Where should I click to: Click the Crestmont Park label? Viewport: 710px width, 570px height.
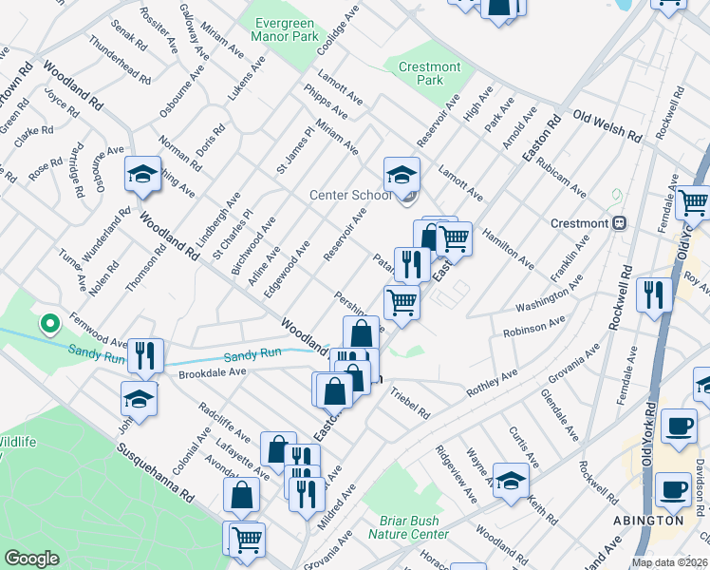point(429,73)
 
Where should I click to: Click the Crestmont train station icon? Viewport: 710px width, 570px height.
point(618,223)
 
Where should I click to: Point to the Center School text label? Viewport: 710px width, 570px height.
point(350,196)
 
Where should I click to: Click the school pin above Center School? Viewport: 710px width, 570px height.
point(402,175)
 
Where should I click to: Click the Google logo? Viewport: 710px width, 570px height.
point(31,559)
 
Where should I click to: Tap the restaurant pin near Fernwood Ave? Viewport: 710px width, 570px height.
point(145,356)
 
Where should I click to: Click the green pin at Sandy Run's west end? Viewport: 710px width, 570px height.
point(48,325)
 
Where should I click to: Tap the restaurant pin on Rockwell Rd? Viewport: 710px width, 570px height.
point(655,294)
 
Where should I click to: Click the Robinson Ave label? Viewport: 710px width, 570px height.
point(540,328)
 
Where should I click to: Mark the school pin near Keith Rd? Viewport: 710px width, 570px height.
point(511,481)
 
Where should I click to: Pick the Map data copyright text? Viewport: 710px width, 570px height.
point(669,562)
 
